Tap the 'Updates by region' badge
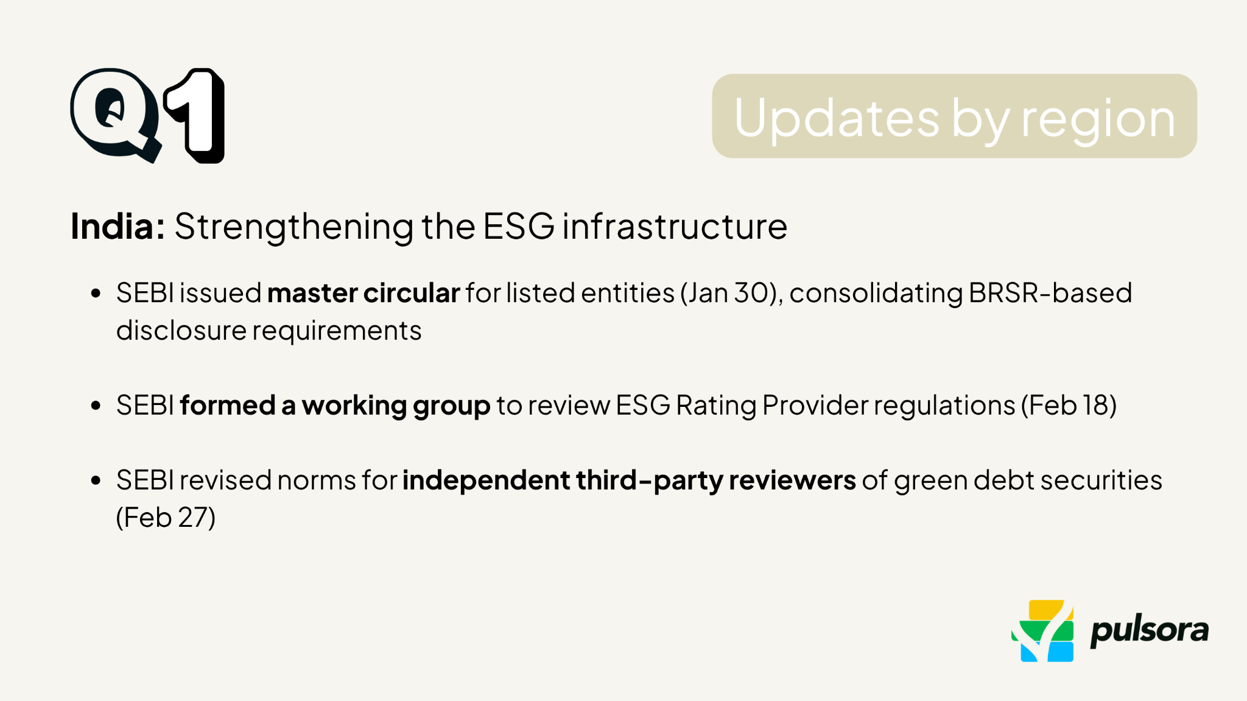[954, 116]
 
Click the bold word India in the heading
[117, 227]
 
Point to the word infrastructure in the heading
[674, 227]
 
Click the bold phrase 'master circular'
[364, 293]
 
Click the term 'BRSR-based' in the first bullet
[1050, 293]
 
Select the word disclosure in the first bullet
[181, 331]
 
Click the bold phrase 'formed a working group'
[335, 406]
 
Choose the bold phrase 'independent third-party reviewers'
[629, 481]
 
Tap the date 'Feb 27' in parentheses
[166, 518]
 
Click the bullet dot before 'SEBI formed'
[96, 406]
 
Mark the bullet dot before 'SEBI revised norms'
[96, 481]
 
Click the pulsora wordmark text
[1149, 631]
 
